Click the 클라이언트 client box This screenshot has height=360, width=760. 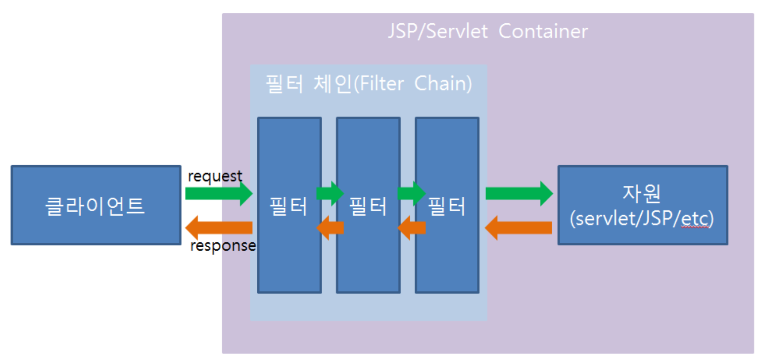tap(96, 205)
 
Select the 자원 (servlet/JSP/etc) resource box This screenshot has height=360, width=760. tap(643, 205)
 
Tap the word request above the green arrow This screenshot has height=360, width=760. tap(215, 177)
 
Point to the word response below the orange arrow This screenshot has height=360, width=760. tap(223, 246)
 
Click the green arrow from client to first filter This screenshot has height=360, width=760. tap(219, 193)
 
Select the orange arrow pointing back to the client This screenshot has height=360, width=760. tap(219, 227)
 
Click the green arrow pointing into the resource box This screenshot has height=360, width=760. tap(519, 193)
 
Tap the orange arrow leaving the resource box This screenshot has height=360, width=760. tap(519, 228)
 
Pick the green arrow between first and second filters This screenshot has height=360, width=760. tap(330, 193)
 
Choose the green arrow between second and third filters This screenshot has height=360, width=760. tap(412, 193)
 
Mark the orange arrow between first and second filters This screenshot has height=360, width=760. tap(330, 228)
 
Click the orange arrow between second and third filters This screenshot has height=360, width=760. tap(412, 228)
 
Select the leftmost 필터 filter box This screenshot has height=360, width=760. tap(289, 205)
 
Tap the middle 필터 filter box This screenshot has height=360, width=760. tap(368, 205)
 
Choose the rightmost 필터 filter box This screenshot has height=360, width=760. tap(447, 205)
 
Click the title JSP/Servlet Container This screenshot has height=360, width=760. tap(488, 32)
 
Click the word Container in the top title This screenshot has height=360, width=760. tap(543, 32)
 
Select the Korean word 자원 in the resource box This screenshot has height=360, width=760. tap(642, 193)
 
